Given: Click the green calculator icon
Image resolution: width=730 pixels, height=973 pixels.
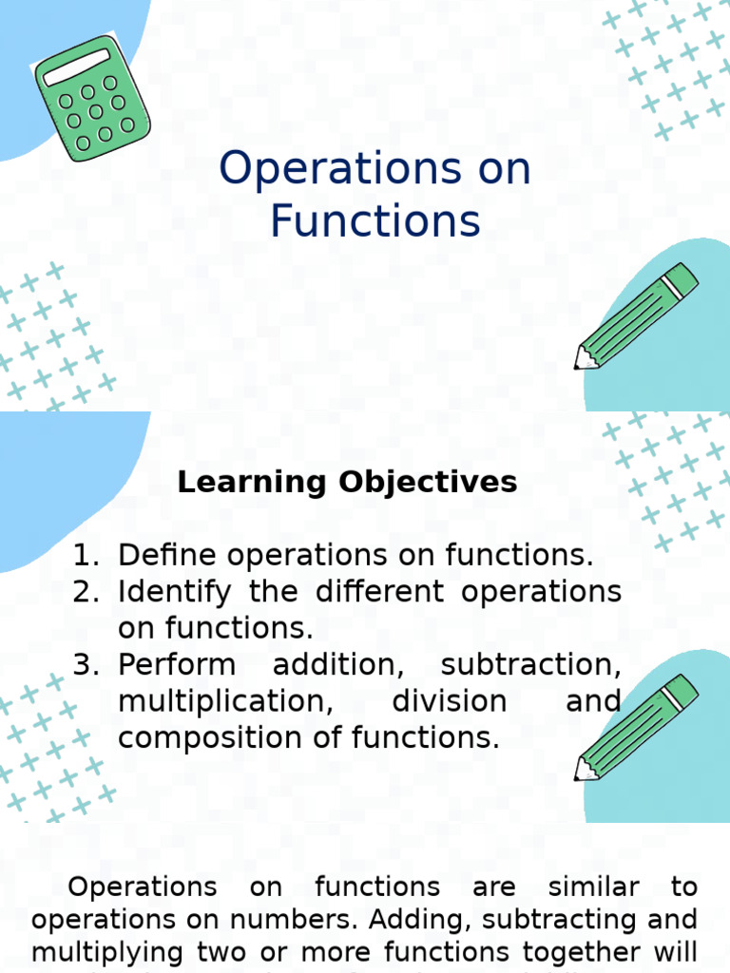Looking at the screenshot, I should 92,98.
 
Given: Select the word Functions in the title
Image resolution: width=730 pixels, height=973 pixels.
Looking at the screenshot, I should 375,220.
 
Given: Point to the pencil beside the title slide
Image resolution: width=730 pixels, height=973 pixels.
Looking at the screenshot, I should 635,316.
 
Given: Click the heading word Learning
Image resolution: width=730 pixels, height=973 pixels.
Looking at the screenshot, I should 252,482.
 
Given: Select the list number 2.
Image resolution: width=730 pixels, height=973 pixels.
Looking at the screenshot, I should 85,592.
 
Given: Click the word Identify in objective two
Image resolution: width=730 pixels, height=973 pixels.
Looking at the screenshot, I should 174,592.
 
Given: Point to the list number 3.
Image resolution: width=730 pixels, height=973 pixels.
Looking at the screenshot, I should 85,664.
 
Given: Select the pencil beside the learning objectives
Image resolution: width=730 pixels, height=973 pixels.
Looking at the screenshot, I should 635,727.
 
